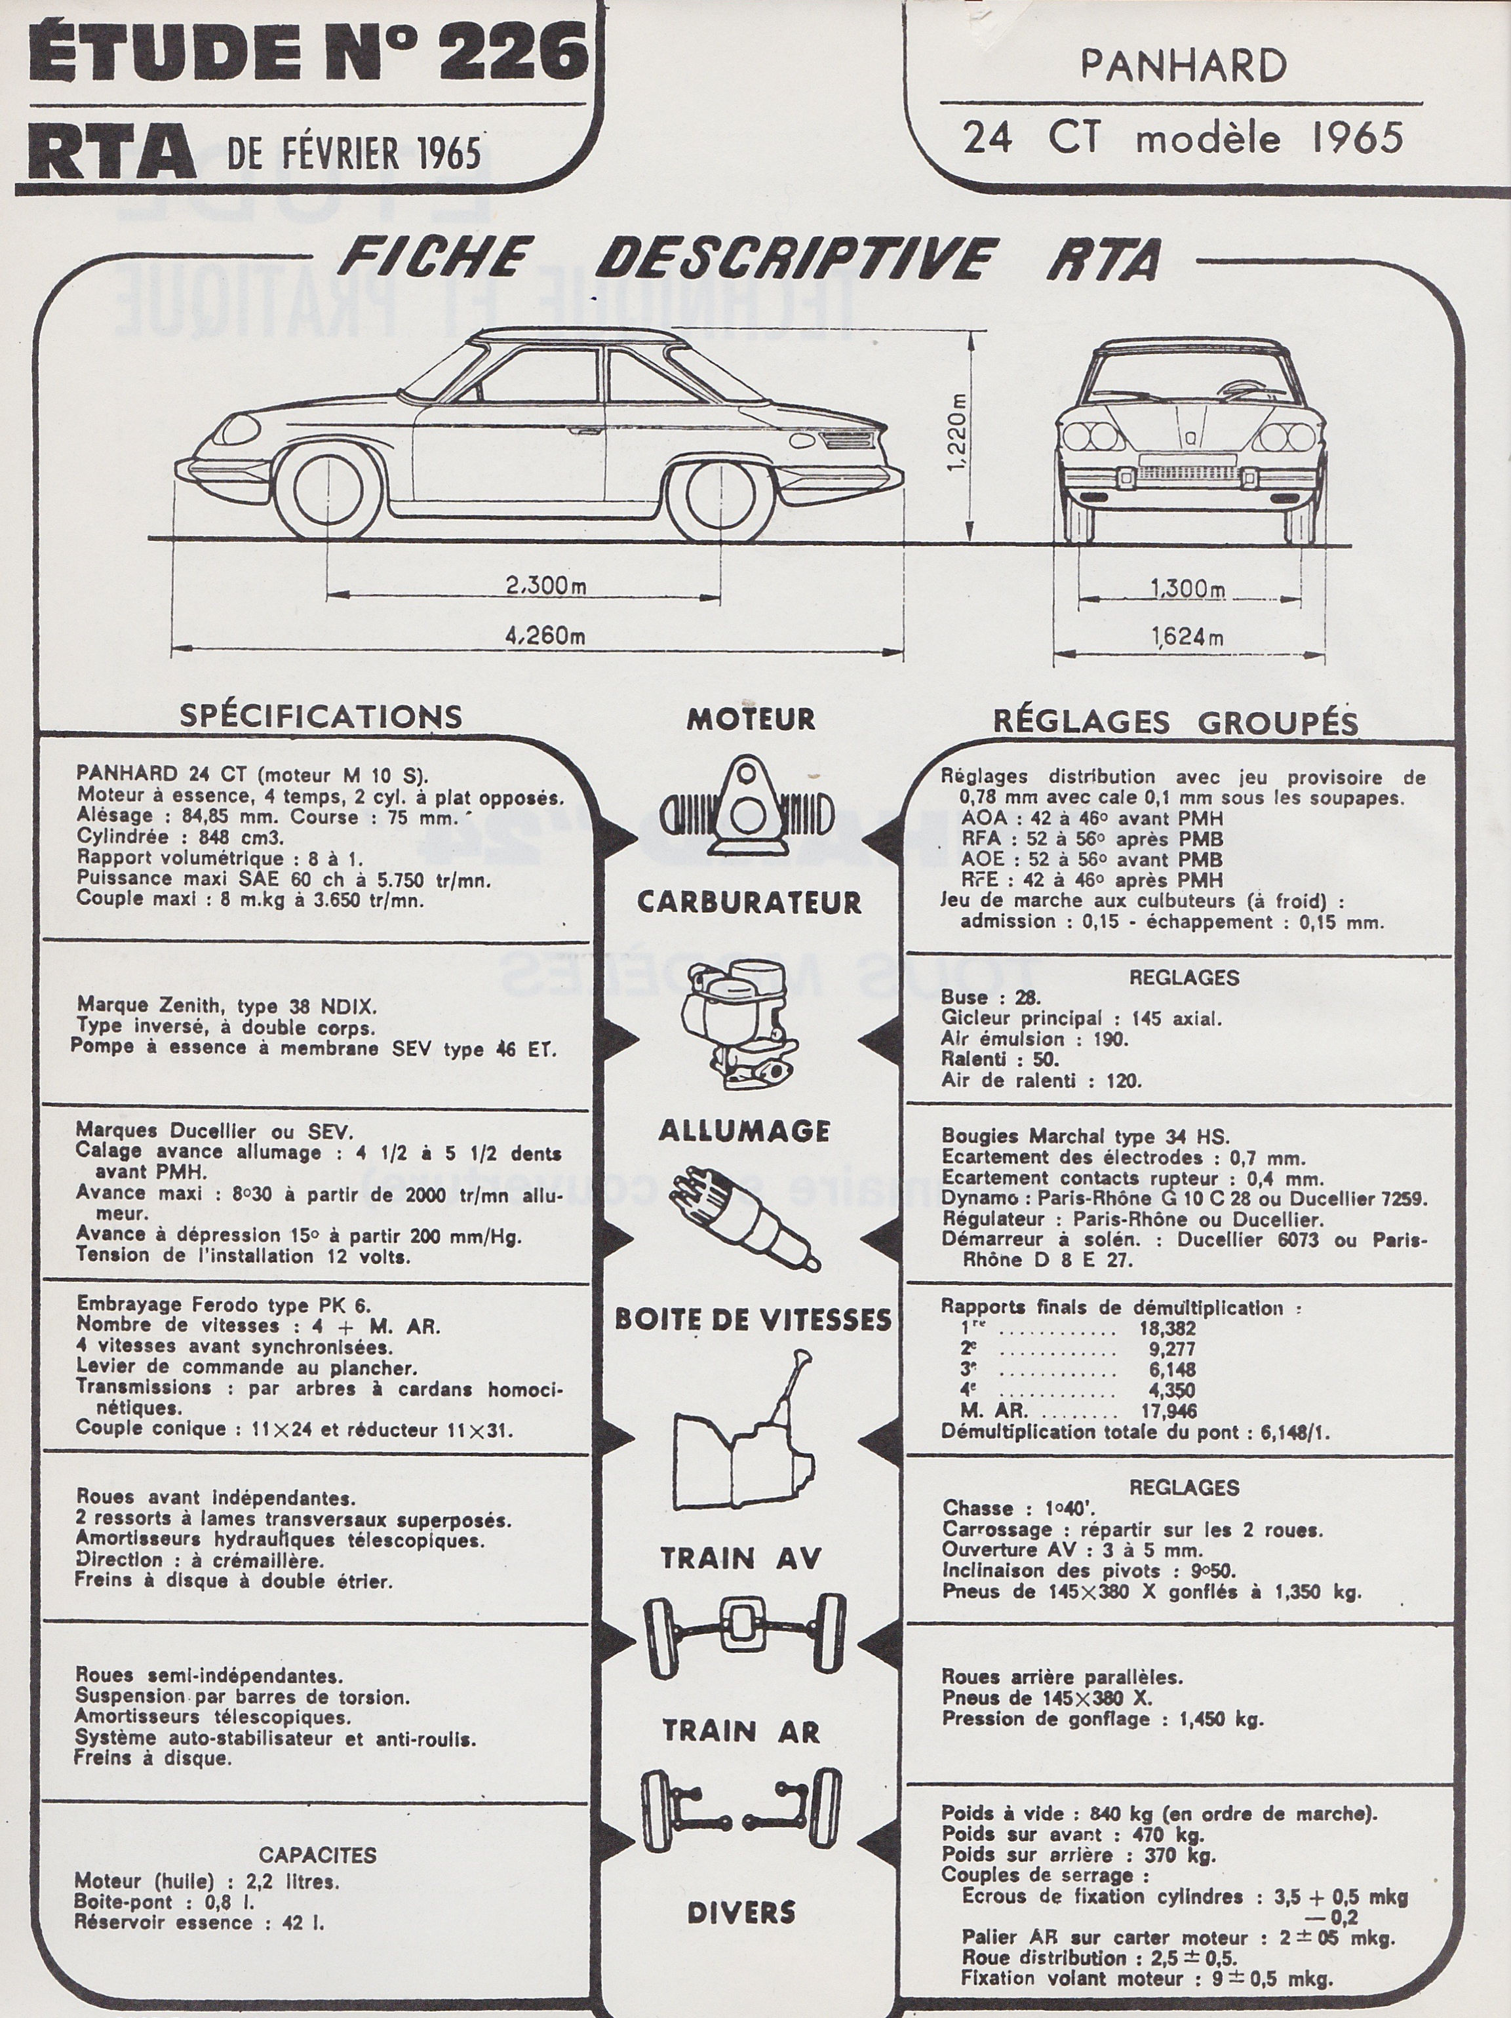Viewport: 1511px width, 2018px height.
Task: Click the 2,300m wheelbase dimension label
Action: pyautogui.click(x=545, y=585)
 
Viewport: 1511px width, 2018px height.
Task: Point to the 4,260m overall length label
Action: pyautogui.click(x=545, y=636)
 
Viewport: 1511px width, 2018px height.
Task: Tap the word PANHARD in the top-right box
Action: pyautogui.click(x=1183, y=66)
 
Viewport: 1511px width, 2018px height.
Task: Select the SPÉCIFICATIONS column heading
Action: pyautogui.click(x=321, y=716)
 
